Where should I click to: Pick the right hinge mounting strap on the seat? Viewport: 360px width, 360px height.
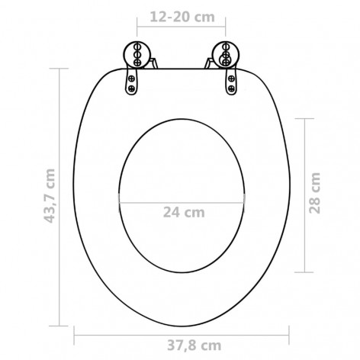[228, 82]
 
